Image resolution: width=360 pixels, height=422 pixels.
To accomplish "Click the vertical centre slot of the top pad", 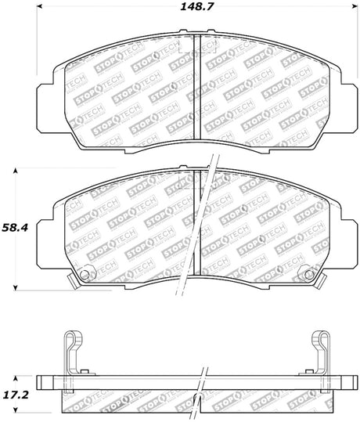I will tap(196, 86).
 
